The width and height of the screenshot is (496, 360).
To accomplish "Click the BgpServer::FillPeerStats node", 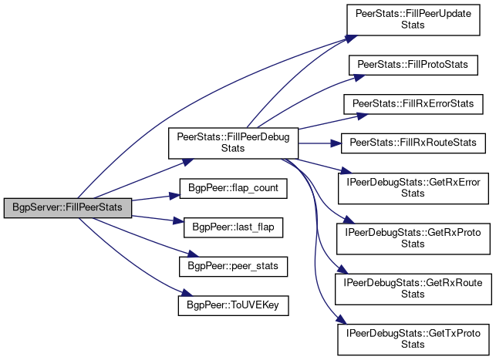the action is click(68, 208).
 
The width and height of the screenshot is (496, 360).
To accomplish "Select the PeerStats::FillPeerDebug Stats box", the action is click(233, 143).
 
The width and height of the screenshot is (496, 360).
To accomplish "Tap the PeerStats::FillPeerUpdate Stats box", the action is click(413, 19).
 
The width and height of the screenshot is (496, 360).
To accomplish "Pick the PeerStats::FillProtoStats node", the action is click(413, 65).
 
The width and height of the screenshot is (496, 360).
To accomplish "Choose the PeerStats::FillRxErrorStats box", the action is click(413, 104).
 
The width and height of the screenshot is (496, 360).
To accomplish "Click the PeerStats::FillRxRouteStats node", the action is click(413, 143).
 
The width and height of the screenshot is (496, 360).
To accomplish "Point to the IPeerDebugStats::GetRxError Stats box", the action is click(413, 188).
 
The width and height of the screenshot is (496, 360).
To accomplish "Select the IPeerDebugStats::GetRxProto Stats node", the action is click(413, 239).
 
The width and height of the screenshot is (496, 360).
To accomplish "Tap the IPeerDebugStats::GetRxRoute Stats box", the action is click(413, 289).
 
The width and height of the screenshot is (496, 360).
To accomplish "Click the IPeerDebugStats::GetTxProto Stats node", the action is click(413, 339).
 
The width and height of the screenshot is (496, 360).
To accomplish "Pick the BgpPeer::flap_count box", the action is click(234, 189).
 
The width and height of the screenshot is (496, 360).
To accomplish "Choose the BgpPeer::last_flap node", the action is click(234, 227).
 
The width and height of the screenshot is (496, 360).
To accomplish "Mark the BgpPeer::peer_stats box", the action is click(234, 267).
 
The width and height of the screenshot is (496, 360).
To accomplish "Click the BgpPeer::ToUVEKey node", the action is click(234, 305).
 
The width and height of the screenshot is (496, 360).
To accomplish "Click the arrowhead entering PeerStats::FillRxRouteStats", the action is click(336, 143).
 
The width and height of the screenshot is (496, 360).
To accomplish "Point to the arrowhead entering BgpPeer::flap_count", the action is click(174, 196).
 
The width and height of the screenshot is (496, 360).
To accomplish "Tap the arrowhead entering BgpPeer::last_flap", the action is click(179, 221).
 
